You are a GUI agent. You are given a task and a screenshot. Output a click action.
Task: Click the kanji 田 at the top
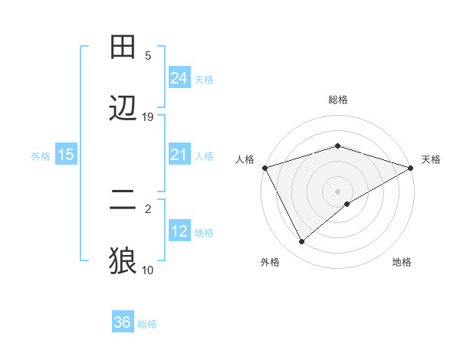click(123, 47)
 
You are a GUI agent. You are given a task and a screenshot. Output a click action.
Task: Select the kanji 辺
click(123, 109)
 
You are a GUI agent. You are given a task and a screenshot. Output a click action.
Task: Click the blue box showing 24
click(179, 78)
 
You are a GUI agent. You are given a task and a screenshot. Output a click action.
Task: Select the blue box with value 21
click(179, 155)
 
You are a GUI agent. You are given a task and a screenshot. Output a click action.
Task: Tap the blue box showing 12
click(179, 231)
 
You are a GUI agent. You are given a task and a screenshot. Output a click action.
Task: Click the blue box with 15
click(66, 155)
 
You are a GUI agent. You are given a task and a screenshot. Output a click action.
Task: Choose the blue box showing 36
click(123, 322)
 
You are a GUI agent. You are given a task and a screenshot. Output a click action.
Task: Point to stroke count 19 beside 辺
click(148, 116)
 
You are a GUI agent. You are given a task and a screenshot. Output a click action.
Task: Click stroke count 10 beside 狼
click(148, 270)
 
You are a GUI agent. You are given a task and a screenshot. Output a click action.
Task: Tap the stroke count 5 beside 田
click(148, 55)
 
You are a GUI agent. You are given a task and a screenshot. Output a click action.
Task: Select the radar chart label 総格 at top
click(337, 100)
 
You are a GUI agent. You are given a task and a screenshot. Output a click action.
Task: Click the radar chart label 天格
click(431, 159)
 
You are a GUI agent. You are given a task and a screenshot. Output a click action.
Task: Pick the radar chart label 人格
click(245, 159)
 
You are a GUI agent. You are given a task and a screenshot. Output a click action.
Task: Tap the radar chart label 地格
click(402, 262)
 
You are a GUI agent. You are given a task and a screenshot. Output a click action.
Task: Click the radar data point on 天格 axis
click(411, 168)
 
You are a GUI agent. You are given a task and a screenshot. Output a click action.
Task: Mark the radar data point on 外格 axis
click(302, 241)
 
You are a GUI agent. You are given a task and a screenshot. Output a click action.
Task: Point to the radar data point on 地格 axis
click(347, 204)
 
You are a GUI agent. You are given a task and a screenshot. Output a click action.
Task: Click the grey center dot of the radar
click(337, 191)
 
